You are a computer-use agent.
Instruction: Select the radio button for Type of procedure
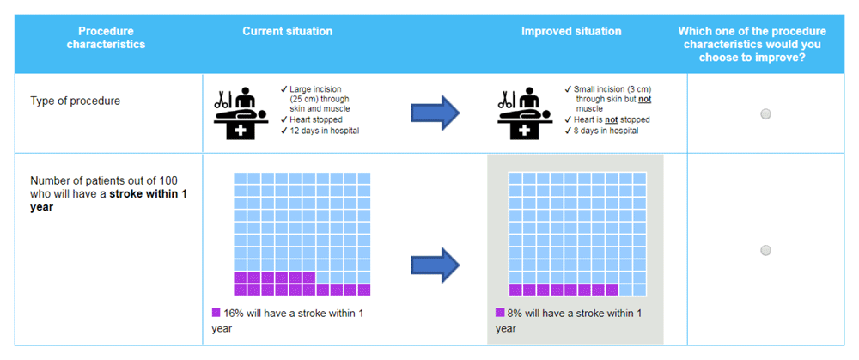tap(766, 114)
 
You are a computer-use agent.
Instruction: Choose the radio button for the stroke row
tap(766, 250)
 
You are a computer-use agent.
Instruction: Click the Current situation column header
tap(288, 31)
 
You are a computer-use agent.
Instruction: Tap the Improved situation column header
tap(571, 31)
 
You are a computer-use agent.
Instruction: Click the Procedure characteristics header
tap(107, 38)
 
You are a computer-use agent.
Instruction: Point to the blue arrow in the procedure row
tap(436, 113)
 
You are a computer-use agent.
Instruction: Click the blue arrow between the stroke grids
tap(436, 265)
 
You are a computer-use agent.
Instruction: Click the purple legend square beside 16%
tap(216, 313)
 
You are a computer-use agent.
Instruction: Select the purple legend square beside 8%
tap(500, 313)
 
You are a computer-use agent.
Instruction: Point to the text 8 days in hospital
tap(606, 131)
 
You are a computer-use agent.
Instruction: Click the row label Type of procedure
tap(75, 101)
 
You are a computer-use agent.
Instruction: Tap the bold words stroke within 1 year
tap(108, 201)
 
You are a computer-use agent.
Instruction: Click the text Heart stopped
tap(316, 119)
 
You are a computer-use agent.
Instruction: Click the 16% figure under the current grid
tap(233, 314)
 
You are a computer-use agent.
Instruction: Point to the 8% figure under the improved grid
tap(515, 314)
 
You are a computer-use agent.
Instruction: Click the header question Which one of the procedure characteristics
tap(752, 38)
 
